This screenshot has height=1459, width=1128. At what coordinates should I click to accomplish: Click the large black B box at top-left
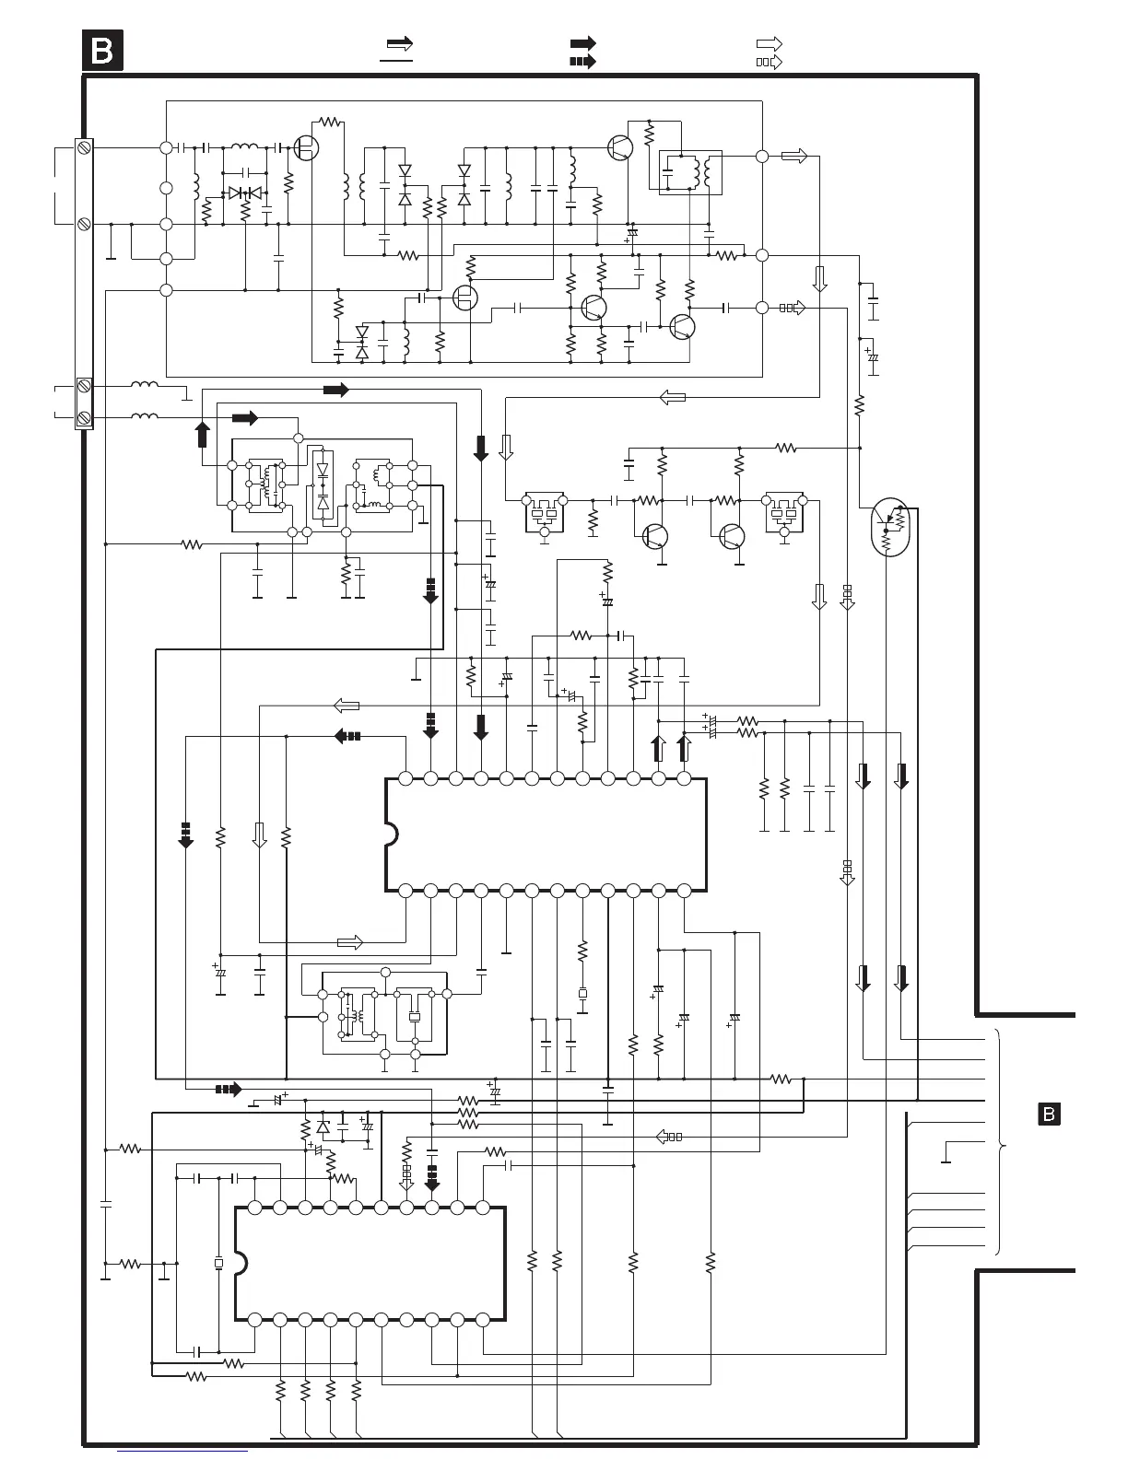102,51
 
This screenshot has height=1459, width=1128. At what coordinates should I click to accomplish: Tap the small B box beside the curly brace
1049,1114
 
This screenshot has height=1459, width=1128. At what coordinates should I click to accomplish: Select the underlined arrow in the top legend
397,49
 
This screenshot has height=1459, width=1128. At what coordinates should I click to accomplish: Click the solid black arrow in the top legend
582,43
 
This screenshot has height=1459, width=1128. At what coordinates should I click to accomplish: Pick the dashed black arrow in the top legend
582,62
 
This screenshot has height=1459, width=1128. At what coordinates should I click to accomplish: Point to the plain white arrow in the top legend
770,43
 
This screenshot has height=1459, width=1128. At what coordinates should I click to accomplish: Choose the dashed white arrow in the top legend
770,62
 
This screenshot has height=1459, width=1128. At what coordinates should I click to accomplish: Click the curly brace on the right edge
998,1141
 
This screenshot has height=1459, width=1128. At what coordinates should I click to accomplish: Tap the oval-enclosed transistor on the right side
888,527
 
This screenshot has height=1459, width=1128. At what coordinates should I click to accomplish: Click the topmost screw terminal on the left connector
84,147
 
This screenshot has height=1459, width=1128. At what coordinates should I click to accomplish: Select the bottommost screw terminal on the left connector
84,417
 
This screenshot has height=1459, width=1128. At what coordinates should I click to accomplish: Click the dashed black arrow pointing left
347,737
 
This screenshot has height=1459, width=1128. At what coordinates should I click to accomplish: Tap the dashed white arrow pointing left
669,1137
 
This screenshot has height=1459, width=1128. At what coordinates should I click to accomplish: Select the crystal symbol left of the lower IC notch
218,1263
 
